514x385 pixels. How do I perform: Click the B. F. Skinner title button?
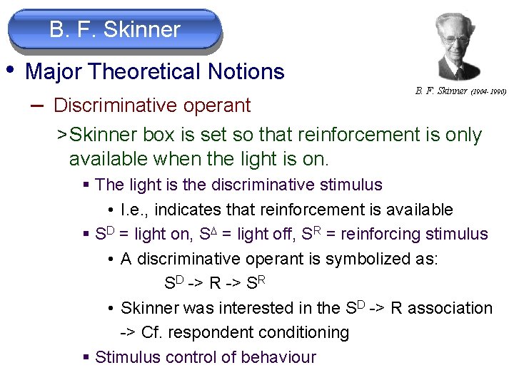(114, 30)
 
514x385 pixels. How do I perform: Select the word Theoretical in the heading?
(144, 72)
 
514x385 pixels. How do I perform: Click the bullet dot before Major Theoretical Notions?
(11, 70)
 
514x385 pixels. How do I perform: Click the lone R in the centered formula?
(215, 283)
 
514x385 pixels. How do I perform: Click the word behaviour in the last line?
(278, 356)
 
